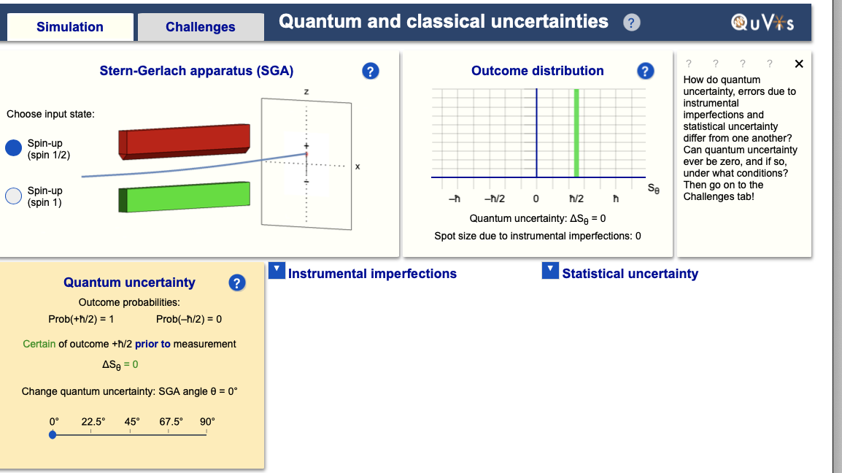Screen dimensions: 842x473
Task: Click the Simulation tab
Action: pos(70,27)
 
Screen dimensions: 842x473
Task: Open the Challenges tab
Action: pos(201,27)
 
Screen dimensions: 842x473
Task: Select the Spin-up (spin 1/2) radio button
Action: pos(13,147)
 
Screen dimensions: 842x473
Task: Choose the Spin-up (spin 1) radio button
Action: pos(13,196)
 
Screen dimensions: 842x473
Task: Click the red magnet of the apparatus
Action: pos(184,142)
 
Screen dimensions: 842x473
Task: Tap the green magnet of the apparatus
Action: pos(184,197)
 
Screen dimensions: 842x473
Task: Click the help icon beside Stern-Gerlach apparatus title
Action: pos(370,71)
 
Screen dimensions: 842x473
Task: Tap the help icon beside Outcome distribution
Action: pos(645,71)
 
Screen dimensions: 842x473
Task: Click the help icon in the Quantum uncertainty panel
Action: pos(237,282)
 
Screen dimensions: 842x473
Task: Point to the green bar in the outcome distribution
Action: pos(576,133)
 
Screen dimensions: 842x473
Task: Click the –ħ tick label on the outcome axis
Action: pos(455,199)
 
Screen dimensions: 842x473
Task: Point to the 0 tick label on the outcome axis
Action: pos(536,199)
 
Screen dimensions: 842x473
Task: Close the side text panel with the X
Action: pos(799,64)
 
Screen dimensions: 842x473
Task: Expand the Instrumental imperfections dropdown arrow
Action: pos(277,270)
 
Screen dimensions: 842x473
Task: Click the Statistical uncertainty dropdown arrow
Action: pos(550,270)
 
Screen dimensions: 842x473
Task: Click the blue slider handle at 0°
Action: pos(53,434)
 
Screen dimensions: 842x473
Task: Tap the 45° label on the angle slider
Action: pos(132,422)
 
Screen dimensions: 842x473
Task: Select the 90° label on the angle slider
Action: pos(207,422)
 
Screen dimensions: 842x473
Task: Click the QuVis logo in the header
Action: pos(762,23)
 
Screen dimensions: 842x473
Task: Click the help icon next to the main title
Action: pos(632,23)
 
